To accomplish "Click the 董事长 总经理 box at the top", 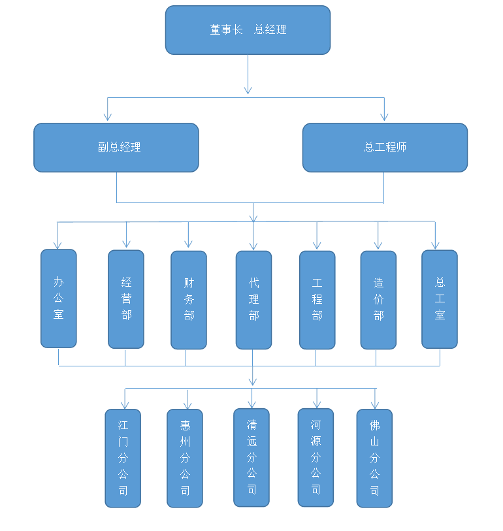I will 248,30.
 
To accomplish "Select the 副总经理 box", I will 116,148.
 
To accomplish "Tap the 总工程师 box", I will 385,148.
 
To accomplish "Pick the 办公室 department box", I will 59,298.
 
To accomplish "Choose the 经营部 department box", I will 126,299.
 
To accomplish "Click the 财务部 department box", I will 189,300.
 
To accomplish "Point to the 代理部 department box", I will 253,300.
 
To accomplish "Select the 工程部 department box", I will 317,300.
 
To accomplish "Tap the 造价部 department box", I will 378,300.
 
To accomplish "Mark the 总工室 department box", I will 440,299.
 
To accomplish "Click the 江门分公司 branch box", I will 123,458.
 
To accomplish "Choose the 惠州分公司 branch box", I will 185,458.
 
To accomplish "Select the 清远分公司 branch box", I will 252,457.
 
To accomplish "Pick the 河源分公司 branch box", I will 316,457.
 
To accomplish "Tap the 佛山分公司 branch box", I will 374,458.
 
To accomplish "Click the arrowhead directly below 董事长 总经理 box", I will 248,89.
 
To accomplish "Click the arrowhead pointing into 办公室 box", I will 57,245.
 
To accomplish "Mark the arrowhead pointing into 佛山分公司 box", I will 375,405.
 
